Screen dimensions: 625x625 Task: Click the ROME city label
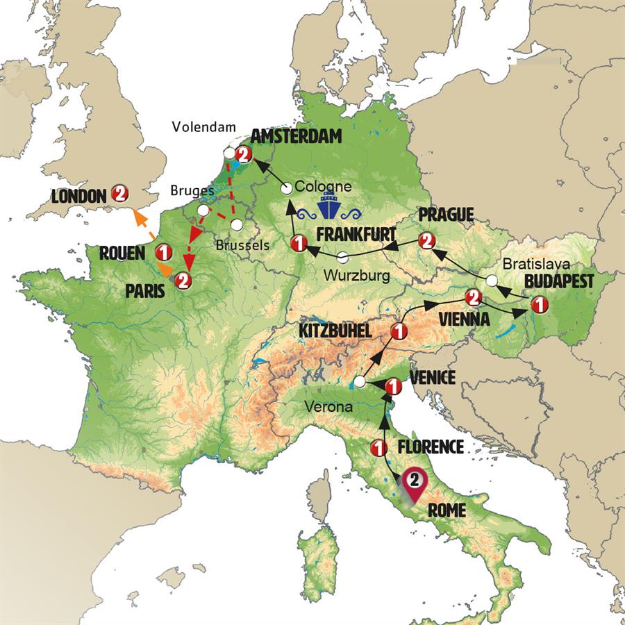tap(447, 510)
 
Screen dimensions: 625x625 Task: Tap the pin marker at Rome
tap(414, 482)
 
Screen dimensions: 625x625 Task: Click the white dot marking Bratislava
tap(492, 281)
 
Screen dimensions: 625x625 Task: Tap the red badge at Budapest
tap(537, 303)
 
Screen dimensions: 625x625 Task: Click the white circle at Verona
tap(360, 381)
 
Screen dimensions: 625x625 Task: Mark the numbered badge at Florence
tap(378, 448)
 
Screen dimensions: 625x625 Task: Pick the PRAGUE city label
tap(446, 215)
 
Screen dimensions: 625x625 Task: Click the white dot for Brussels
tap(237, 225)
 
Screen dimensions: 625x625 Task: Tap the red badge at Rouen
tap(164, 251)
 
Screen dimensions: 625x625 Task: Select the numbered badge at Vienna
tap(473, 297)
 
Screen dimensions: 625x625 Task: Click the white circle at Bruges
tap(202, 210)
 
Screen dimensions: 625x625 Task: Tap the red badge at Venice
tap(392, 385)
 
